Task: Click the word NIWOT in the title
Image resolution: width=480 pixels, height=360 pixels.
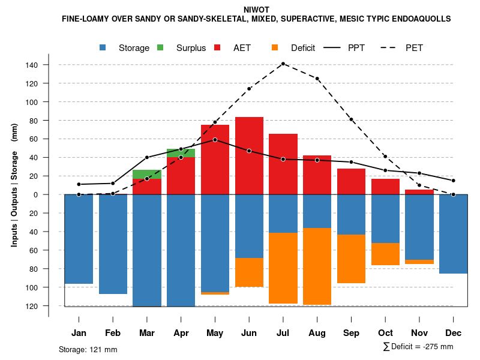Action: pyautogui.click(x=256, y=10)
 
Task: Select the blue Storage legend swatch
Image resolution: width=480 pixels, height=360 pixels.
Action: pyautogui.click(x=104, y=48)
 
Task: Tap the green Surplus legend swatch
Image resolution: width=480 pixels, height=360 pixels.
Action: pyautogui.click(x=161, y=48)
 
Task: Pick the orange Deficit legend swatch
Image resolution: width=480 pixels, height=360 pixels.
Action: pyautogui.click(x=275, y=48)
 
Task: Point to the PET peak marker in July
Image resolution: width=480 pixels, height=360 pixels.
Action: pyautogui.click(x=283, y=64)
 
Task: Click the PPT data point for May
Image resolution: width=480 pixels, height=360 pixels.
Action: pyautogui.click(x=215, y=140)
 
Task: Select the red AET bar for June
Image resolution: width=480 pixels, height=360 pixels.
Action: pyautogui.click(x=249, y=155)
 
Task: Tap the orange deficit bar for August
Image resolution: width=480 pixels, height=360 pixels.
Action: pyautogui.click(x=317, y=266)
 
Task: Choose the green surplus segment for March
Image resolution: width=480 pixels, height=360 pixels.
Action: pyautogui.click(x=146, y=174)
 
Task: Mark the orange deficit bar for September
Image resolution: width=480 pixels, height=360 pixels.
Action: pyautogui.click(x=352, y=259)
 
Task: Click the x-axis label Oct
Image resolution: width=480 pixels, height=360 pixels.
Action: pyautogui.click(x=385, y=333)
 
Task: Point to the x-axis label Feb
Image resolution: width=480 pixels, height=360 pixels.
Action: pyautogui.click(x=113, y=333)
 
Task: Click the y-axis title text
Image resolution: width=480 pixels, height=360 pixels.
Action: pyautogui.click(x=14, y=185)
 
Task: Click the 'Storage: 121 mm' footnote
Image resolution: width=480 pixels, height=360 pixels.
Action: pyautogui.click(x=88, y=349)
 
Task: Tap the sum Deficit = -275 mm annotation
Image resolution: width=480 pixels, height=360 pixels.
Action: pyautogui.click(x=418, y=347)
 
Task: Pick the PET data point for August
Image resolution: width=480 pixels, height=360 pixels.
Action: pyautogui.click(x=317, y=79)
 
